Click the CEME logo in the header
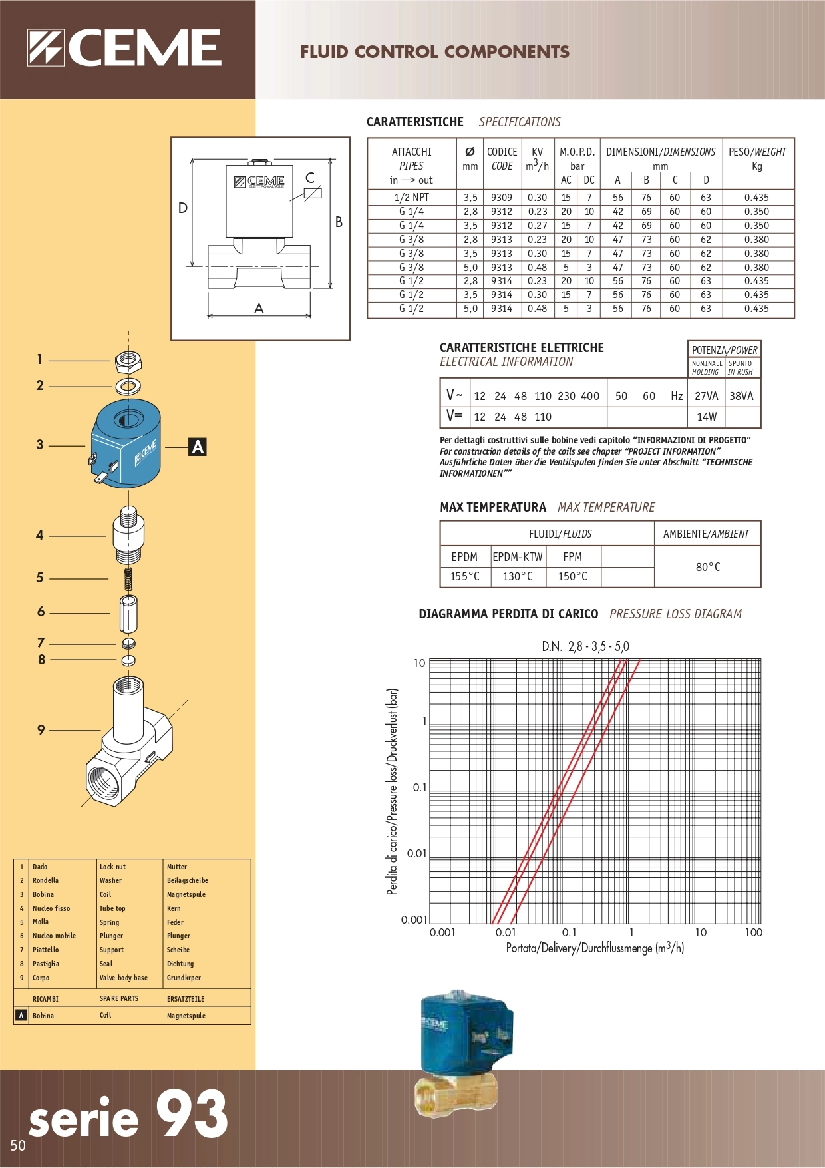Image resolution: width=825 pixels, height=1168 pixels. pyautogui.click(x=124, y=48)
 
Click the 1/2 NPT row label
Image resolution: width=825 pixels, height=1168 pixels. pyautogui.click(x=411, y=198)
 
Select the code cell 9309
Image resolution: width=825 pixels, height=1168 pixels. pyautogui.click(x=502, y=198)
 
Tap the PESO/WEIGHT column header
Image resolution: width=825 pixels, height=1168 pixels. pyautogui.click(x=757, y=158)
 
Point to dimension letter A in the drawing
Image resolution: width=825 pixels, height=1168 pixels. pyautogui.click(x=259, y=308)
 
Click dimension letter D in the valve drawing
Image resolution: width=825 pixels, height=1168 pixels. pyautogui.click(x=183, y=208)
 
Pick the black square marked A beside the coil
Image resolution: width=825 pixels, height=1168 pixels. pyautogui.click(x=198, y=447)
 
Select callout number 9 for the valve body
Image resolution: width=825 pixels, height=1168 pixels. pyautogui.click(x=41, y=730)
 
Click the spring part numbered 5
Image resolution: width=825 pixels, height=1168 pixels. pyautogui.click(x=129, y=578)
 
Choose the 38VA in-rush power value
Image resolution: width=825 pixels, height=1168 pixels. pyautogui.click(x=741, y=396)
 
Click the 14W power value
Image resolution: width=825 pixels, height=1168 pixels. pyautogui.click(x=707, y=417)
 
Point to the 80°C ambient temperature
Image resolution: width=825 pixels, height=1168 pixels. pyautogui.click(x=708, y=567)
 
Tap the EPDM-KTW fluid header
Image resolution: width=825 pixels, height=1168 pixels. pyautogui.click(x=518, y=557)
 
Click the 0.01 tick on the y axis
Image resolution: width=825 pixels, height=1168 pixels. pyautogui.click(x=416, y=853)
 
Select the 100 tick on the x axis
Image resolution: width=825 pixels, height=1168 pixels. pyautogui.click(x=753, y=932)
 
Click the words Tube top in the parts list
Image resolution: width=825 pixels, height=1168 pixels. pyautogui.click(x=112, y=908)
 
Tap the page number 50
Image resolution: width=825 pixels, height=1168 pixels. pyautogui.click(x=18, y=1145)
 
